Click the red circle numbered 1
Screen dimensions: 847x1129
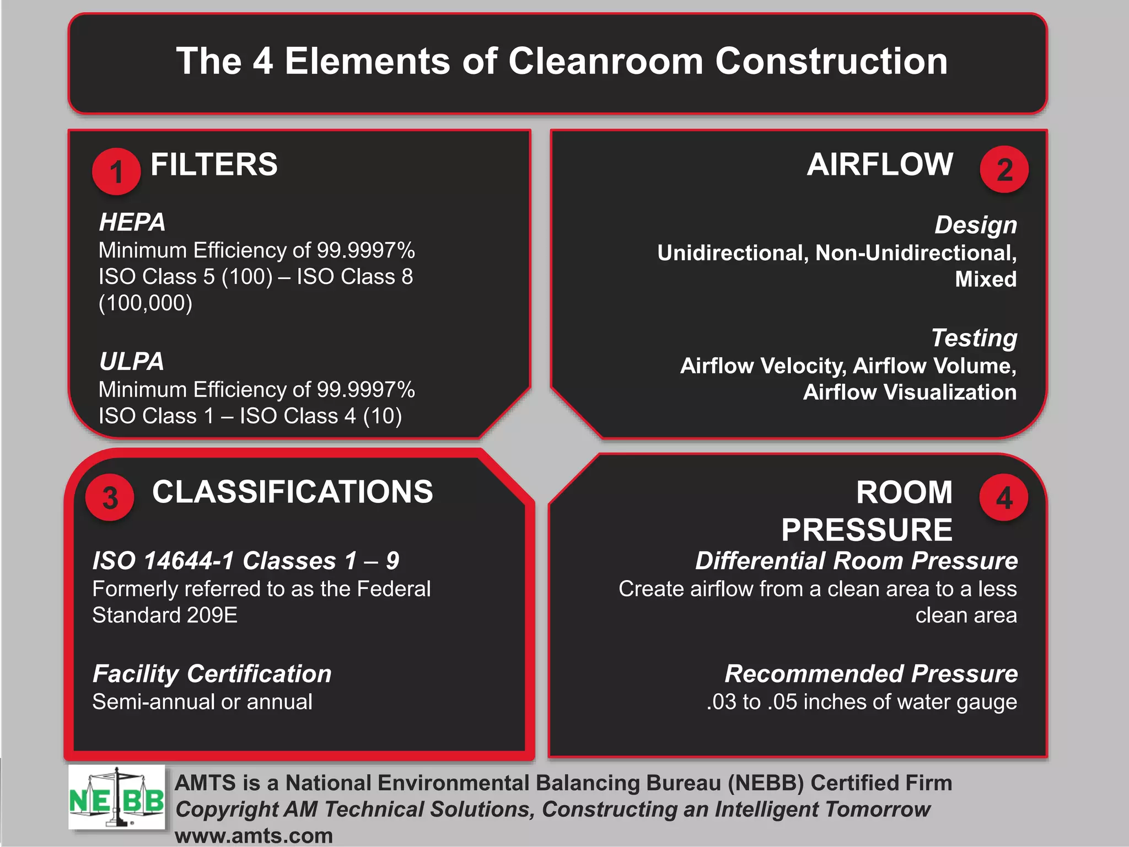tap(116, 171)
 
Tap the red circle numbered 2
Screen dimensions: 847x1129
tap(1004, 169)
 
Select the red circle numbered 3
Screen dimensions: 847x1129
tap(110, 497)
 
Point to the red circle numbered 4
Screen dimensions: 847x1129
tap(1003, 497)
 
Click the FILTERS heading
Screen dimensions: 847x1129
tap(214, 164)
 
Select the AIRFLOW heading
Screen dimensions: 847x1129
tap(880, 164)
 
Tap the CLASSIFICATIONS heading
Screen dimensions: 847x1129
tap(292, 492)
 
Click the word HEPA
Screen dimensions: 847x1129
tap(132, 222)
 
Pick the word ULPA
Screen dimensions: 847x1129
tap(132, 362)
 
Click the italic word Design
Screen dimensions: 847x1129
tap(975, 225)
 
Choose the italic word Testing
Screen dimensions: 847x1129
tap(974, 338)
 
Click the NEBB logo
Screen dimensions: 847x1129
tap(116, 797)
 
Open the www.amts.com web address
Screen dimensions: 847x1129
tap(254, 835)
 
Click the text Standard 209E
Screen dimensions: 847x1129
tap(165, 615)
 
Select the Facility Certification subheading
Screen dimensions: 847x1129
tap(212, 674)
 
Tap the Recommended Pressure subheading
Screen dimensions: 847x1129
tap(871, 674)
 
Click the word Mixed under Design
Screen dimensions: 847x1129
tap(985, 279)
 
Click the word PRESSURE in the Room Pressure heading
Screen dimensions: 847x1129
tap(867, 530)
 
